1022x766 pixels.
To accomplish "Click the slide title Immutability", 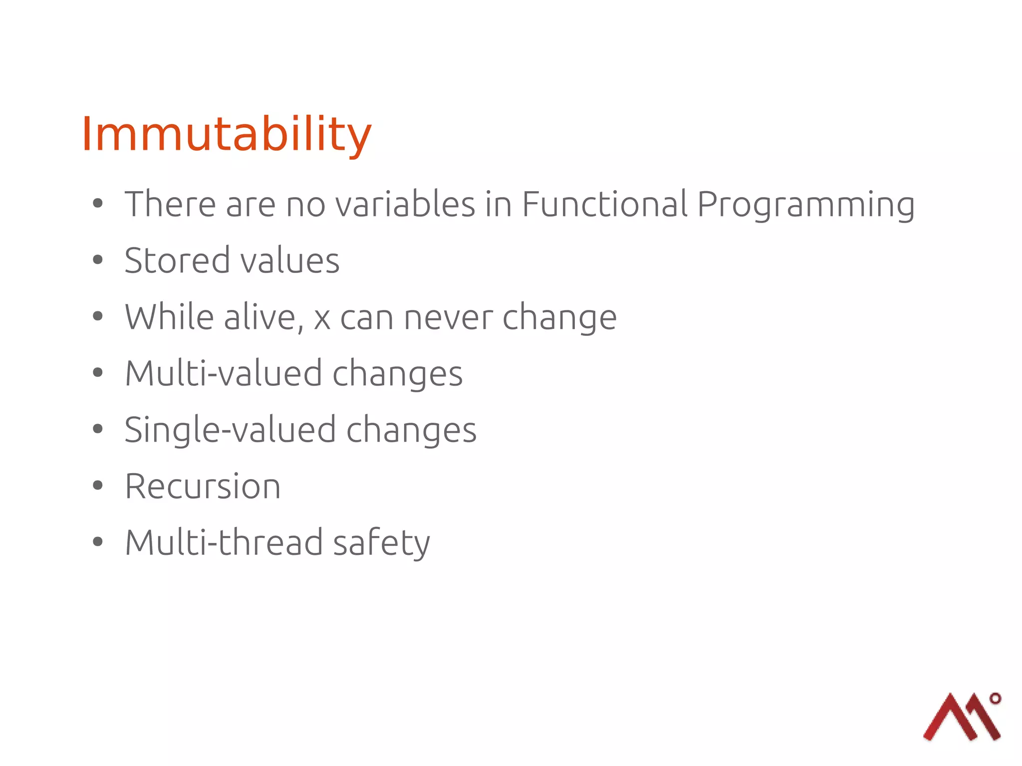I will point(226,134).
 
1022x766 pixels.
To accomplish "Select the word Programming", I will point(805,204).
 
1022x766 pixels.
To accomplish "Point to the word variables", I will point(405,204).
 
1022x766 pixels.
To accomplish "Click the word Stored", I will point(177,260).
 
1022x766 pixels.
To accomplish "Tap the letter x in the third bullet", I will point(322,319).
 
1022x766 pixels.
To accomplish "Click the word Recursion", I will point(203,486).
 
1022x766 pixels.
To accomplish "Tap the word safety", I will point(381,542).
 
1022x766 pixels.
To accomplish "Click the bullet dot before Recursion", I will point(98,485).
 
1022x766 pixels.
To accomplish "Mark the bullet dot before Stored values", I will point(98,259).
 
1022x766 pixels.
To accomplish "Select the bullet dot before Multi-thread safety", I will point(98,541).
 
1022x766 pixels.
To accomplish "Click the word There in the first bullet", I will point(170,204).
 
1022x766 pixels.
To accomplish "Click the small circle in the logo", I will point(995,698).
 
